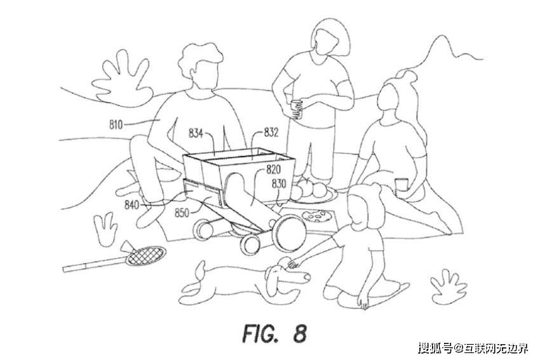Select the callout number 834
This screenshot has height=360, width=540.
pyautogui.click(x=196, y=133)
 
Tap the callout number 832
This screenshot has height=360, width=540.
pyautogui.click(x=271, y=133)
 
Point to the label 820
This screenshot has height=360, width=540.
pyautogui.click(x=273, y=170)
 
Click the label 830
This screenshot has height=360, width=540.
pyautogui.click(x=279, y=183)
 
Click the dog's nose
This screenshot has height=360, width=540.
pyautogui.click(x=306, y=277)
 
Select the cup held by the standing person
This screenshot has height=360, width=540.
pyautogui.click(x=296, y=109)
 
